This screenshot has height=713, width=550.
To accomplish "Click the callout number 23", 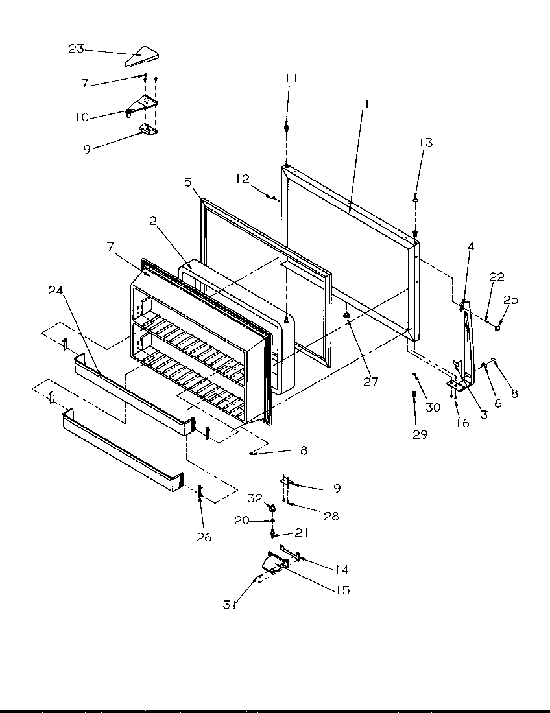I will click(76, 49).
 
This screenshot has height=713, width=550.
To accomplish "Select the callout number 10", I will click(82, 117).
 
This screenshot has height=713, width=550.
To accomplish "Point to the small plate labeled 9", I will click(149, 131).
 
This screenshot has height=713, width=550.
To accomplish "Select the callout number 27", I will click(370, 382).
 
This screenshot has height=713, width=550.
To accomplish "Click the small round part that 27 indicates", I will click(348, 316).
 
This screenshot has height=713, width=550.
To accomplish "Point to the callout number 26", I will click(203, 537).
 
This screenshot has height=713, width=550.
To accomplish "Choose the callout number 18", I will click(300, 450).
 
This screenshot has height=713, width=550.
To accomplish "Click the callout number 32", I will click(255, 498).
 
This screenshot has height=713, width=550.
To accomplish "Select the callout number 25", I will click(511, 300).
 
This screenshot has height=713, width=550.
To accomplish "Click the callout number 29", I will click(420, 434).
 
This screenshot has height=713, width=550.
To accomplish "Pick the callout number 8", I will click(515, 393).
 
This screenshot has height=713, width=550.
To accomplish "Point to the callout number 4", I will click(471, 246).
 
